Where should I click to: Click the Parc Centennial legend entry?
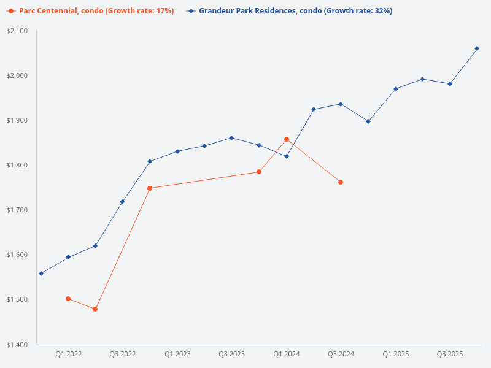coord(90,11)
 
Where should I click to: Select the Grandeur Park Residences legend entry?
coord(289,11)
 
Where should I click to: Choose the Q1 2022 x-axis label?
coord(68,355)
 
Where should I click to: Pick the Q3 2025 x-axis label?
coord(449,355)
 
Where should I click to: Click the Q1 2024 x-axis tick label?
coord(287,355)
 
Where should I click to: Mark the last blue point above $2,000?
coord(477,48)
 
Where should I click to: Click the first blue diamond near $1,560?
coord(41,274)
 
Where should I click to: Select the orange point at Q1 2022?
coord(68,299)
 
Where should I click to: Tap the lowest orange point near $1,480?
coord(95,309)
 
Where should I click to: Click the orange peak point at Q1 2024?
coord(287,139)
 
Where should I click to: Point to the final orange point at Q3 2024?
coord(341,182)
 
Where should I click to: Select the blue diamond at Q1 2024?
coord(287,156)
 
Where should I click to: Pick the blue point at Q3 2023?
coord(231,138)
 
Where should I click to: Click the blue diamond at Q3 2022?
coord(122,202)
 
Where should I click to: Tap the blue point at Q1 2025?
coord(396,89)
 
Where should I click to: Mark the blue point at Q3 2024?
coord(341,104)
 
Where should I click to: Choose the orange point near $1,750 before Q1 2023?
coord(150,188)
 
